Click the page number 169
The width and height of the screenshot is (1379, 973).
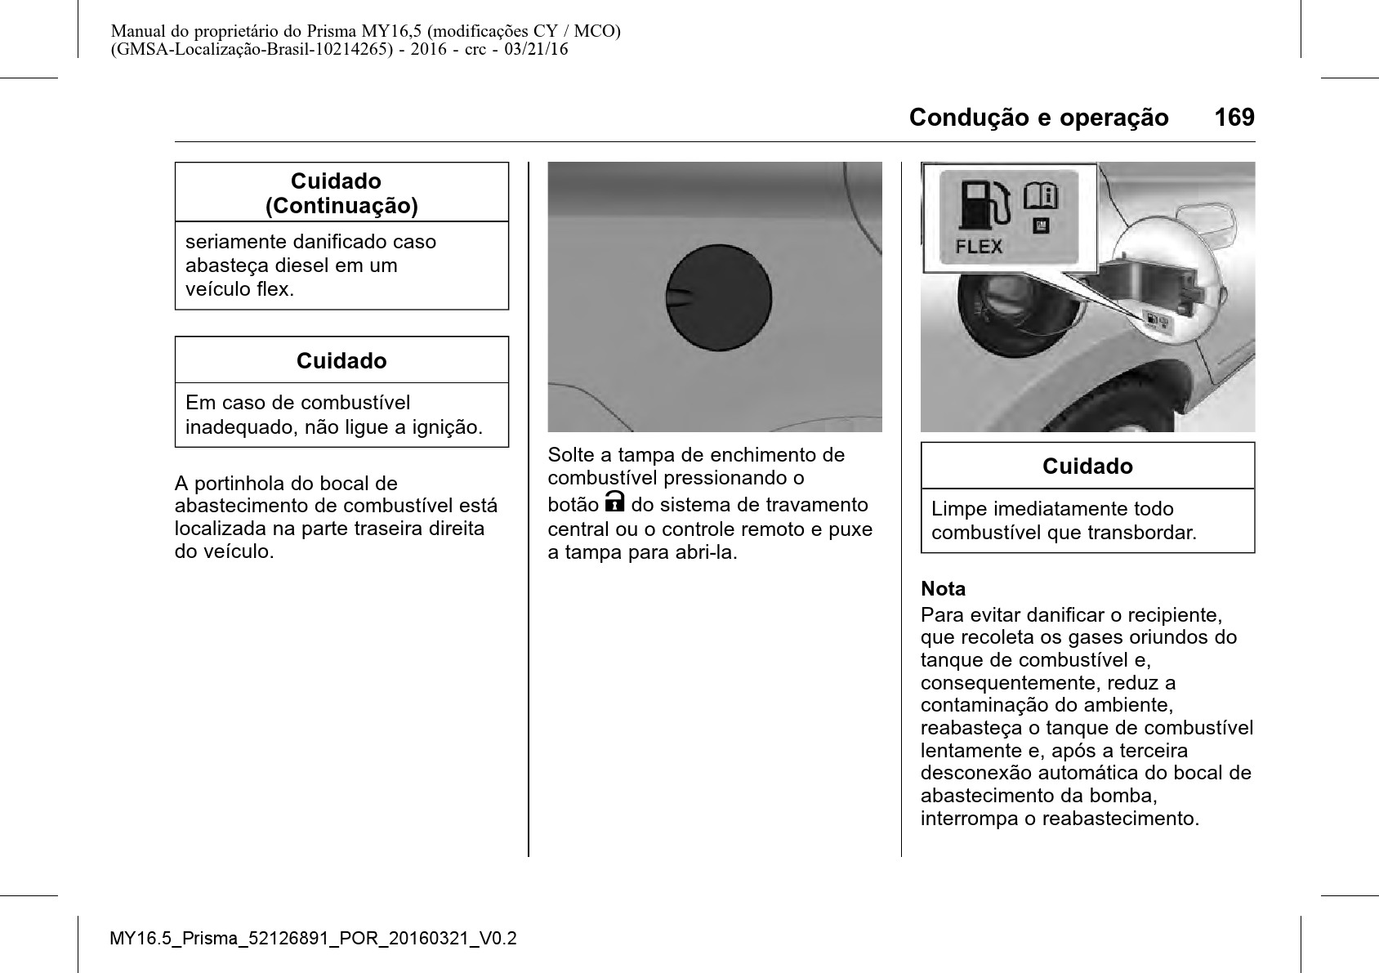[1234, 118]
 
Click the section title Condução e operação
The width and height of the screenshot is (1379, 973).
[1038, 118]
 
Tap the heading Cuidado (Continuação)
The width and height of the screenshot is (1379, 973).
[341, 193]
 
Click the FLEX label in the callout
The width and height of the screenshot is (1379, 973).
[979, 246]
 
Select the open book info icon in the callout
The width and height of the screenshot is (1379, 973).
[1042, 196]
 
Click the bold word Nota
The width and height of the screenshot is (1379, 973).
[943, 589]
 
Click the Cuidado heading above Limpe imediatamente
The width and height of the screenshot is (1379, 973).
[1087, 466]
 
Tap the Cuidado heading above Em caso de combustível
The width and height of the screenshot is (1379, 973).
[341, 361]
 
